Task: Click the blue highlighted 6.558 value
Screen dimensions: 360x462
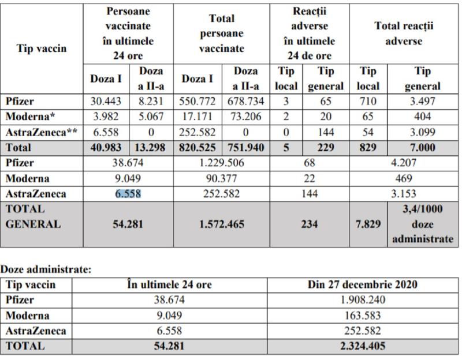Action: pyautogui.click(x=128, y=194)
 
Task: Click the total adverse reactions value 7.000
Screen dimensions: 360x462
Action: pyautogui.click(x=423, y=148)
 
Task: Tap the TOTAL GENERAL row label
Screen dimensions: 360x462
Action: pyautogui.click(x=33, y=217)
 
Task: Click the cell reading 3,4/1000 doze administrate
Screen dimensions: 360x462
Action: pyautogui.click(x=423, y=224)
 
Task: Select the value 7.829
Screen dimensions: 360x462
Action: pyautogui.click(x=368, y=224)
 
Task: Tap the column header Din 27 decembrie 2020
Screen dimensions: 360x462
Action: pyautogui.click(x=362, y=284)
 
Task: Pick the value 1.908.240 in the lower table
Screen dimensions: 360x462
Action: pyautogui.click(x=362, y=300)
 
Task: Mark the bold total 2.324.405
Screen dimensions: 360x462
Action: pyautogui.click(x=362, y=347)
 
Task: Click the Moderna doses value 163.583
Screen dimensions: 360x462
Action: pyautogui.click(x=362, y=316)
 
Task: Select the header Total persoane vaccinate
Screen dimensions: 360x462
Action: pyautogui.click(x=222, y=34)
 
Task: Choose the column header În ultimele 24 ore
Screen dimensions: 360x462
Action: pyautogui.click(x=169, y=284)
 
